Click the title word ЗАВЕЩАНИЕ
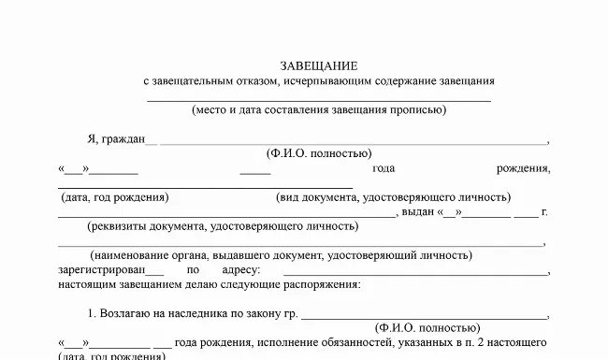(x=319, y=65)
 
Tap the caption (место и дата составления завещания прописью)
(x=319, y=109)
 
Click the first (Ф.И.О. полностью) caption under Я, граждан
(x=319, y=153)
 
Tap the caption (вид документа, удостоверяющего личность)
(x=393, y=197)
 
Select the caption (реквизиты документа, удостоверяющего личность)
(x=223, y=226)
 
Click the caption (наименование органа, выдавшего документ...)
(x=282, y=255)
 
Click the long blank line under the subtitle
(x=319, y=98)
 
